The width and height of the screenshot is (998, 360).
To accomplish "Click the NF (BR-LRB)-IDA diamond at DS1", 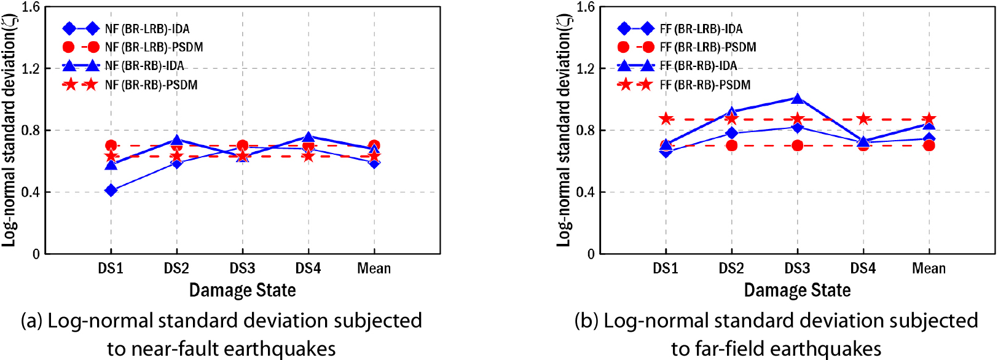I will click(111, 190).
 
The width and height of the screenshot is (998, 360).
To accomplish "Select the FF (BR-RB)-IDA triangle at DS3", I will click(797, 98).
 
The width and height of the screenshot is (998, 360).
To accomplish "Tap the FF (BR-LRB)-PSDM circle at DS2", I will click(731, 146).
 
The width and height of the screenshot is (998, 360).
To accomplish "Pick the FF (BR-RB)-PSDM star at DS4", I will click(863, 119).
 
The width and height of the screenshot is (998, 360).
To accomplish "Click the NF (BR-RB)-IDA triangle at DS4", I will click(308, 137).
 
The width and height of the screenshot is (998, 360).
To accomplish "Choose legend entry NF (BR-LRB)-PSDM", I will click(154, 47).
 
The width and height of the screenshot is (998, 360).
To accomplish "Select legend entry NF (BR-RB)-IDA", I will click(144, 66).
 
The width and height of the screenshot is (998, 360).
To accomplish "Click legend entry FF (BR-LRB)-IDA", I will click(701, 29).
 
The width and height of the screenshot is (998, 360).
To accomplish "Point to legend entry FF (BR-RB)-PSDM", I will click(705, 85).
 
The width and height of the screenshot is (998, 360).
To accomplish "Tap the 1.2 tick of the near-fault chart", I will click(31, 68).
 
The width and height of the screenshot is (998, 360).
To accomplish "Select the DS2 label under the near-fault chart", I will click(176, 268).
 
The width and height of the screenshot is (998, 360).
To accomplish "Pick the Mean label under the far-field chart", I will click(929, 268).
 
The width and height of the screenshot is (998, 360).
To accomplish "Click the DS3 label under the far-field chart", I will click(797, 268).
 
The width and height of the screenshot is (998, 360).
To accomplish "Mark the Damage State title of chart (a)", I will click(242, 290).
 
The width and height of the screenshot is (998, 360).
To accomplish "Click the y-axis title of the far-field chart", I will click(564, 130).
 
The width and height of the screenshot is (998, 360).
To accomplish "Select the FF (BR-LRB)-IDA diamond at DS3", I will click(797, 127).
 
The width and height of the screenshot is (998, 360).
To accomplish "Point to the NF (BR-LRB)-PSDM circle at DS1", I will click(111, 146).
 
